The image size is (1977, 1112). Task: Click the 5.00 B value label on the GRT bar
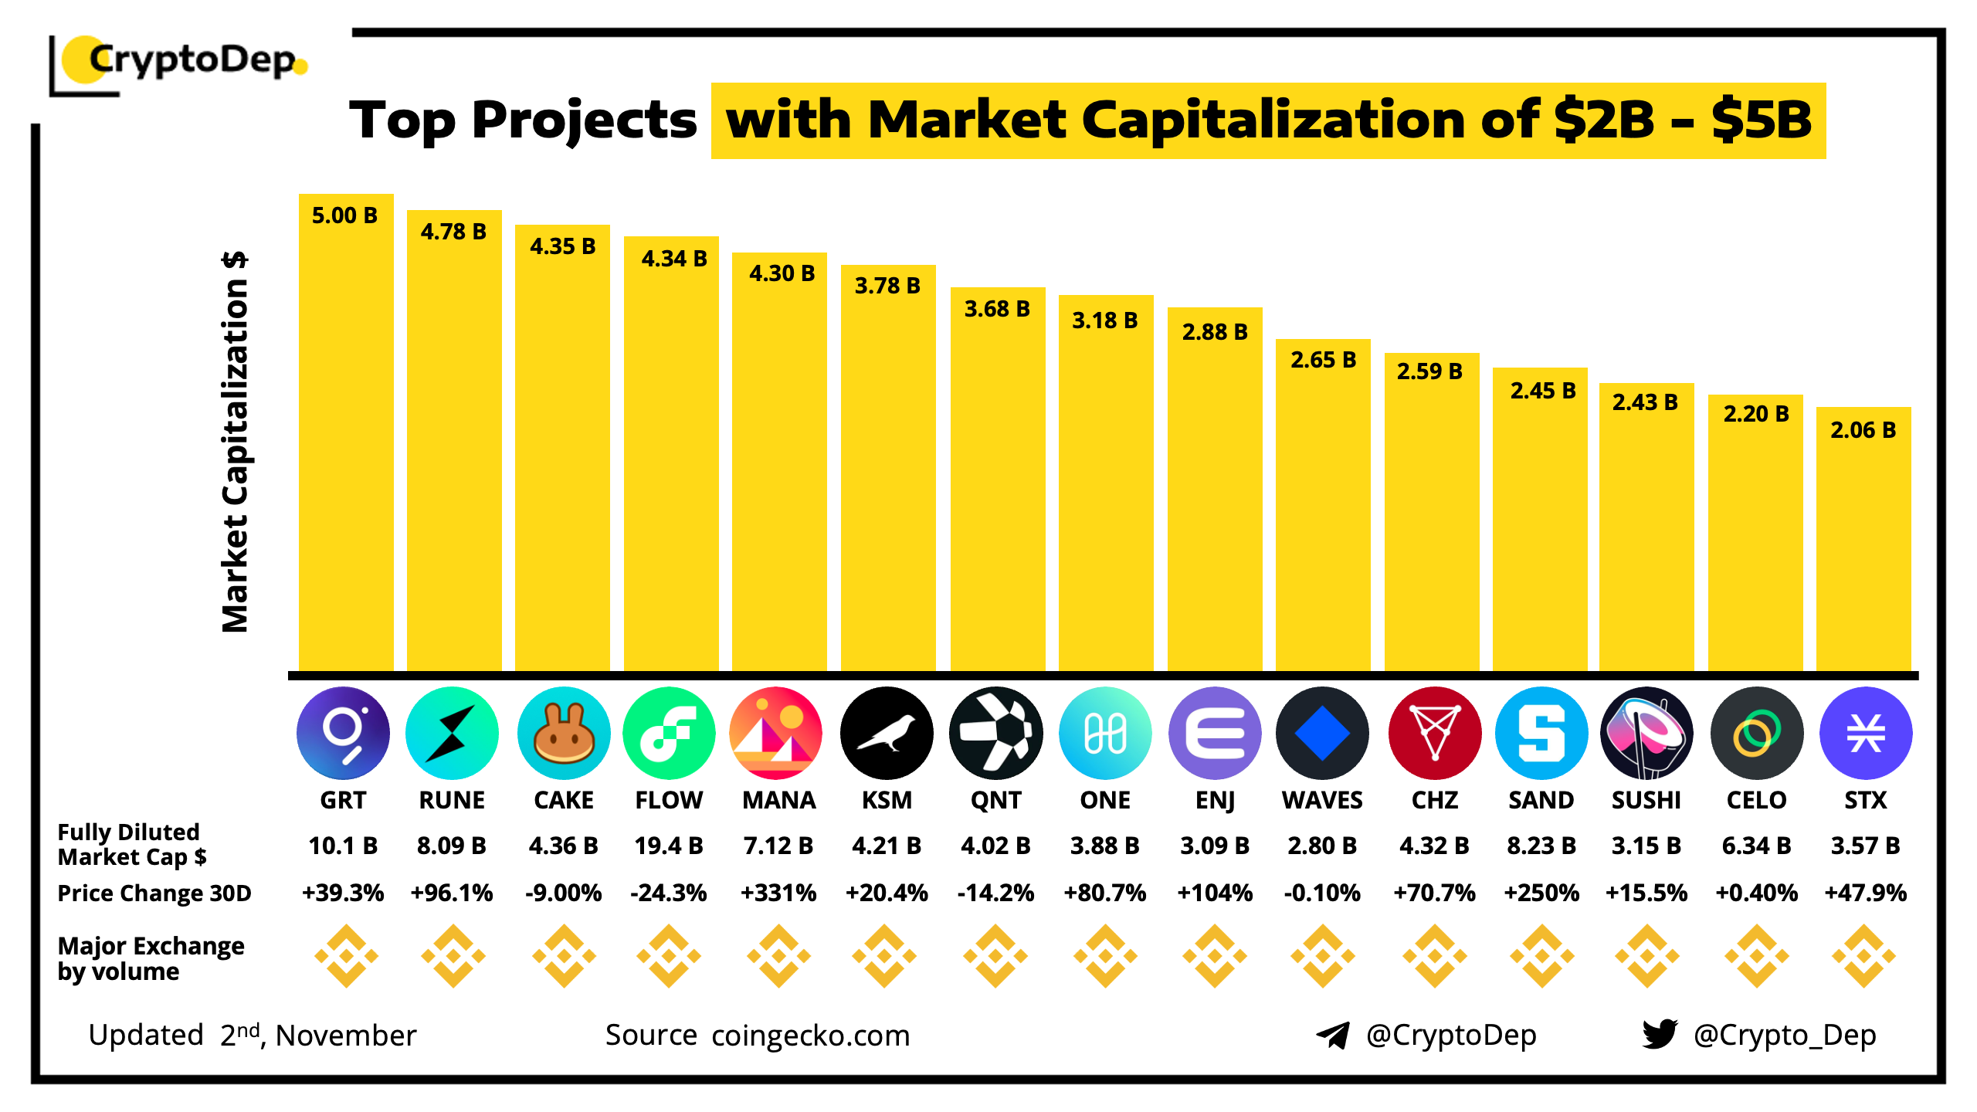pyautogui.click(x=344, y=215)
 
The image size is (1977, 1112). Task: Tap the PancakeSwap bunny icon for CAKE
pyautogui.click(x=563, y=733)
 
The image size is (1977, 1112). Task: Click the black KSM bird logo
pyautogui.click(x=887, y=733)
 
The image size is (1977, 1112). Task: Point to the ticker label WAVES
pyautogui.click(x=1322, y=800)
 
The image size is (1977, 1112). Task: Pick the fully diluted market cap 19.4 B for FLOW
pyautogui.click(x=669, y=846)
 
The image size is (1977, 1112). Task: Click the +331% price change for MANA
pyautogui.click(x=778, y=893)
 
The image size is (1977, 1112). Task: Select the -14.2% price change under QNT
pyautogui.click(x=995, y=893)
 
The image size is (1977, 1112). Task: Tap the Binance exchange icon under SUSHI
pyautogui.click(x=1646, y=956)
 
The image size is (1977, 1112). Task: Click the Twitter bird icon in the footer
pyautogui.click(x=1660, y=1034)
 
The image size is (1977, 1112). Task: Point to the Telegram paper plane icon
pyautogui.click(x=1333, y=1035)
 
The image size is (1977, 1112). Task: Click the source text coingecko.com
pyautogui.click(x=811, y=1036)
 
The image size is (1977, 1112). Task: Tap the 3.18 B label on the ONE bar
pyautogui.click(x=1104, y=320)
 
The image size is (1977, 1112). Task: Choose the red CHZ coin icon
pyautogui.click(x=1434, y=733)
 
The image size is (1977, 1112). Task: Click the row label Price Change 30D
pyautogui.click(x=154, y=893)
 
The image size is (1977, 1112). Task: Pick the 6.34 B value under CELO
pyautogui.click(x=1756, y=846)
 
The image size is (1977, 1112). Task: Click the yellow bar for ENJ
pyautogui.click(x=1214, y=502)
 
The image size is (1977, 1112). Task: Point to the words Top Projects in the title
pyautogui.click(x=523, y=120)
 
